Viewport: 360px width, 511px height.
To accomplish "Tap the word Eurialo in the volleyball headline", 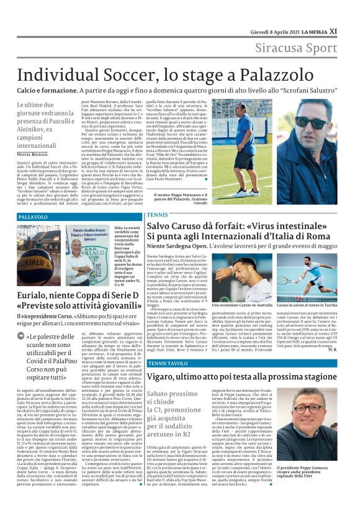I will (x=37, y=295).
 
